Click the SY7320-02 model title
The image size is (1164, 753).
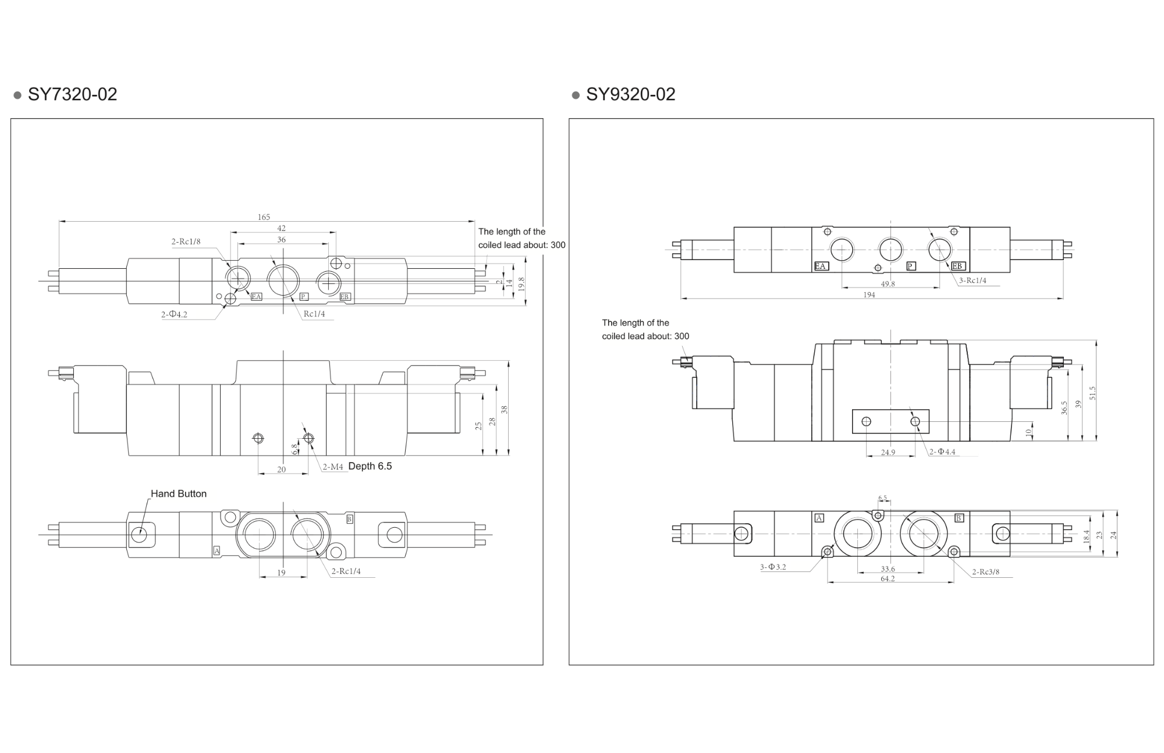[x=72, y=94]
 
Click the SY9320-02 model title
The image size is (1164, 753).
[x=630, y=94]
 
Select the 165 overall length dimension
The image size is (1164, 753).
[x=264, y=217]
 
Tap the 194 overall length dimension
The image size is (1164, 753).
[x=869, y=295]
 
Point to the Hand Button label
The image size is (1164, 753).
[x=179, y=493]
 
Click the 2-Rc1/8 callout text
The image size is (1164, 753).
[x=186, y=241]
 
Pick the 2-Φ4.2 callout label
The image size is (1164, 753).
[x=174, y=314]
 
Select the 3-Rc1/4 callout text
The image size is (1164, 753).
[x=973, y=280]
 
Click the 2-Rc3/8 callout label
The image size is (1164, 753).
[x=985, y=572]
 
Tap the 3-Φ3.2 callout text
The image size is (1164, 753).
[x=773, y=567]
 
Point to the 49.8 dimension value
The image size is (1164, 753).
[x=888, y=284]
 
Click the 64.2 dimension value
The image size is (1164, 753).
[x=888, y=578]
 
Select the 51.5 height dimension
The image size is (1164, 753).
[x=1092, y=393]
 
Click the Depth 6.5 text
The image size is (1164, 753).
[x=370, y=466]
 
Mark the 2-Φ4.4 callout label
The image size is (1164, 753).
[x=942, y=452]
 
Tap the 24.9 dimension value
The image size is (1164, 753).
[x=888, y=452]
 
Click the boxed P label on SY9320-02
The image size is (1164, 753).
[x=911, y=266]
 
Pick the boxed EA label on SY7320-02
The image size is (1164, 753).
[x=256, y=297]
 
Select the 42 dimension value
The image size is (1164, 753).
[x=281, y=228]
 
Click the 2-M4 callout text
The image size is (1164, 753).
[x=333, y=467]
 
